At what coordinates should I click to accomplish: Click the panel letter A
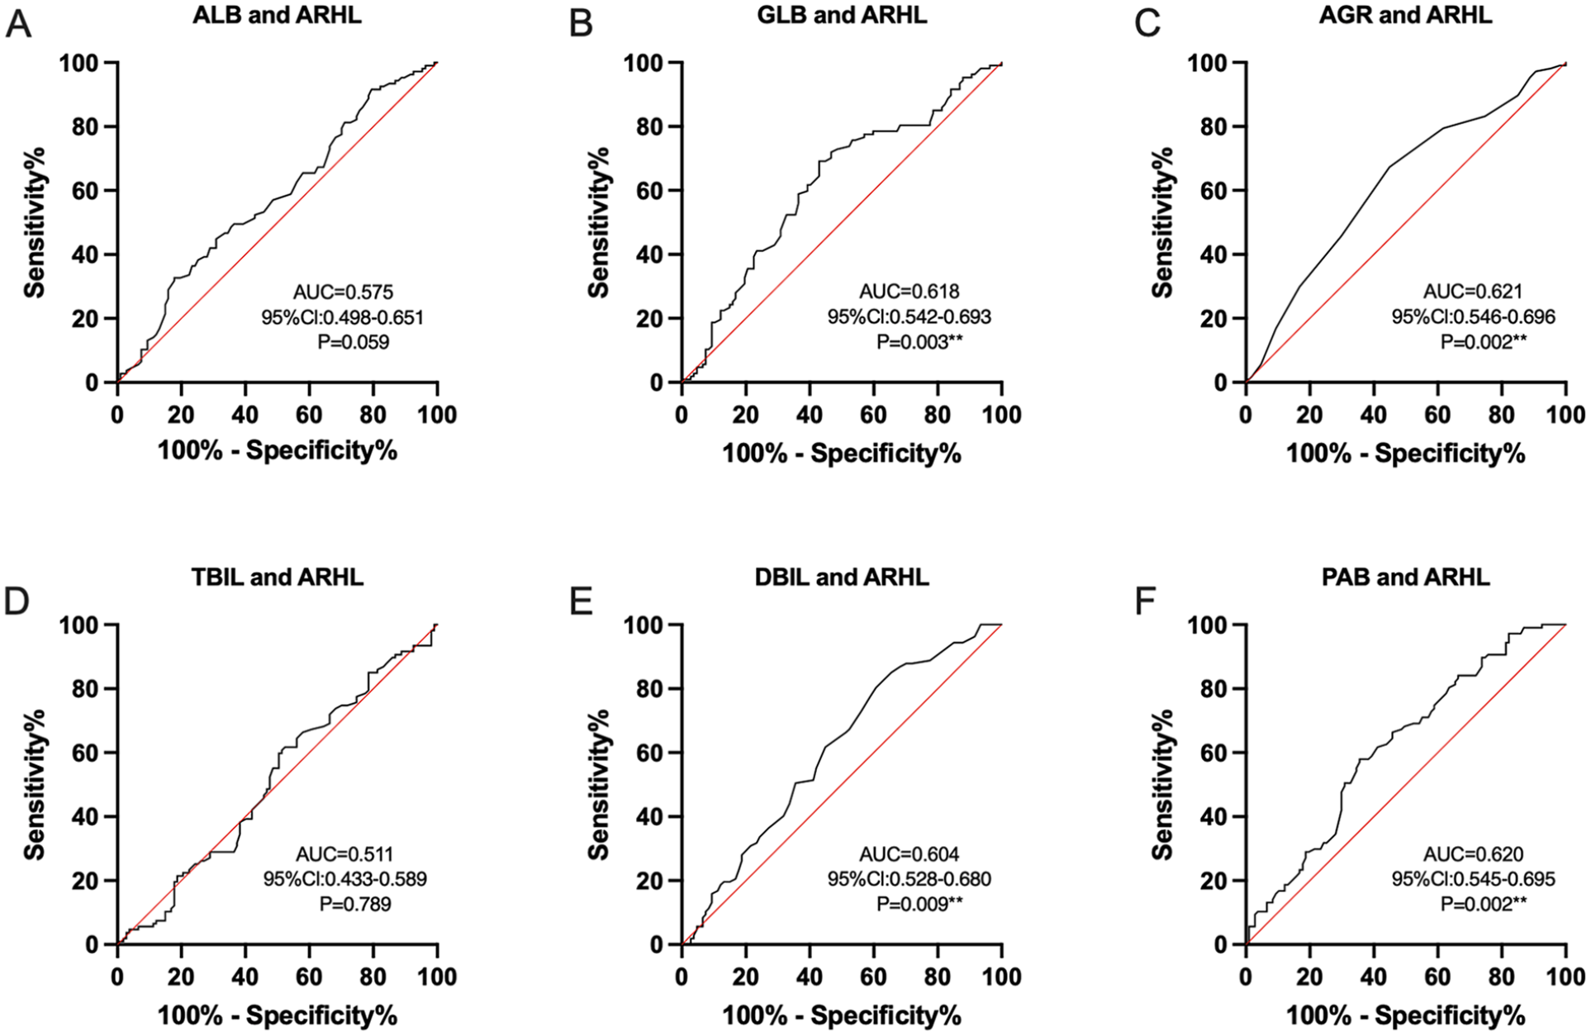pyautogui.click(x=18, y=25)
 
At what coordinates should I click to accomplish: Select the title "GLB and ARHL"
pyautogui.click(x=842, y=16)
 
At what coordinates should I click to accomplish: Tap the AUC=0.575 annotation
pyautogui.click(x=344, y=292)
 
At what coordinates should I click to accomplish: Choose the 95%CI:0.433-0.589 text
pyautogui.click(x=345, y=879)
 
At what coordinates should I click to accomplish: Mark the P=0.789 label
pyautogui.click(x=355, y=904)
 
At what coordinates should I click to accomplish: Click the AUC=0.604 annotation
pyautogui.click(x=909, y=854)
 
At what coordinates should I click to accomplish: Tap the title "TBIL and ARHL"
pyautogui.click(x=278, y=577)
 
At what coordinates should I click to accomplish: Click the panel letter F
pyautogui.click(x=1145, y=601)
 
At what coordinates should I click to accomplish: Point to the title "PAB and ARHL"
pyautogui.click(x=1406, y=577)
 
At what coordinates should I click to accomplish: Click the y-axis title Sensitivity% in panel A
pyautogui.click(x=34, y=222)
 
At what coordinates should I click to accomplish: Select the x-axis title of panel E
pyautogui.click(x=842, y=1015)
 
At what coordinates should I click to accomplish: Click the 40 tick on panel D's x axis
pyautogui.click(x=245, y=977)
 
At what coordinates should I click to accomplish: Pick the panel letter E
pyautogui.click(x=581, y=601)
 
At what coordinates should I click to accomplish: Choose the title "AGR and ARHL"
pyautogui.click(x=1406, y=16)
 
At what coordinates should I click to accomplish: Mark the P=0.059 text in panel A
pyautogui.click(x=354, y=341)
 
